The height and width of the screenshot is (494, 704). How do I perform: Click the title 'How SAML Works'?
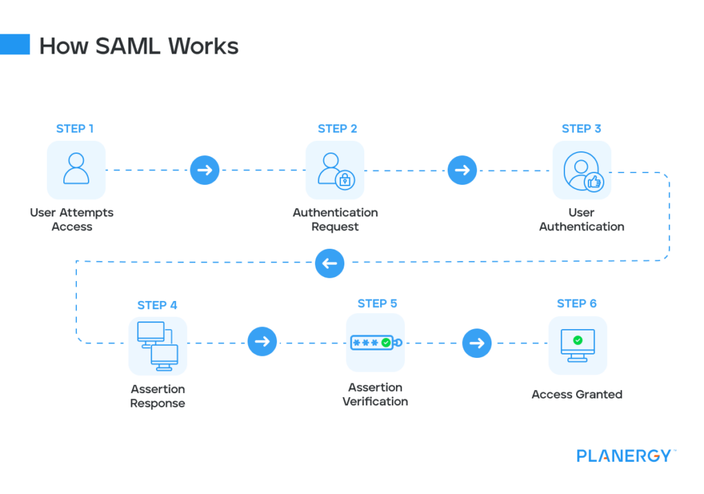pos(138,46)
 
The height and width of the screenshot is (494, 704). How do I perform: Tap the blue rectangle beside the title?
pos(14,45)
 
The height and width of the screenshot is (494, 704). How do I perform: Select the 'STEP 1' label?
pos(76,128)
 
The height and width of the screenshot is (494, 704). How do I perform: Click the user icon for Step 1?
pos(76,170)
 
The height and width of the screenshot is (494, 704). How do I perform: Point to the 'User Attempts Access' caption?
pos(71,220)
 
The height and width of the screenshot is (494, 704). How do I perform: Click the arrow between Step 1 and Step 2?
pos(204,170)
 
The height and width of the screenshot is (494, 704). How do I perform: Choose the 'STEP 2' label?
pos(337,128)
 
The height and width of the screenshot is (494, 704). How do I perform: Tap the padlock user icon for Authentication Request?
pos(335,170)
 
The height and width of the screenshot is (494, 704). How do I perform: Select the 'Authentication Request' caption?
pos(335,220)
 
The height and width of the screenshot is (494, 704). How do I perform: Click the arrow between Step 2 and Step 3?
pos(462,170)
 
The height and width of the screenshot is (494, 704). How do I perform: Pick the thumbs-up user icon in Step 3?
pos(582,170)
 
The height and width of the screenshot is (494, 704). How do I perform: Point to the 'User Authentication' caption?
pos(582,220)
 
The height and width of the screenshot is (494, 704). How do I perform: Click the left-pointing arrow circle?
pos(329,262)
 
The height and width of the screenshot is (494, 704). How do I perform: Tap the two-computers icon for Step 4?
pos(157,345)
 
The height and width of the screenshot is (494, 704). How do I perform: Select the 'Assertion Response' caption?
pos(157,396)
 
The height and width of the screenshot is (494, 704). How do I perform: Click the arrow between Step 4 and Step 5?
pos(262,341)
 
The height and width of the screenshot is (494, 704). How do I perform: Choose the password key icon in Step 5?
pos(375,342)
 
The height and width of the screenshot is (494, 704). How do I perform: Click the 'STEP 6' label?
pos(576,304)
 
